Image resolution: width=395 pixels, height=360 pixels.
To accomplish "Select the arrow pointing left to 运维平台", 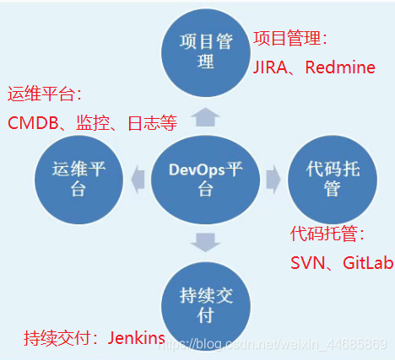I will pyautogui.click(x=138, y=178).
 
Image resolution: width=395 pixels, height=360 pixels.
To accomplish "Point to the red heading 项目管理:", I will pyautogui.click(x=289, y=39).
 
